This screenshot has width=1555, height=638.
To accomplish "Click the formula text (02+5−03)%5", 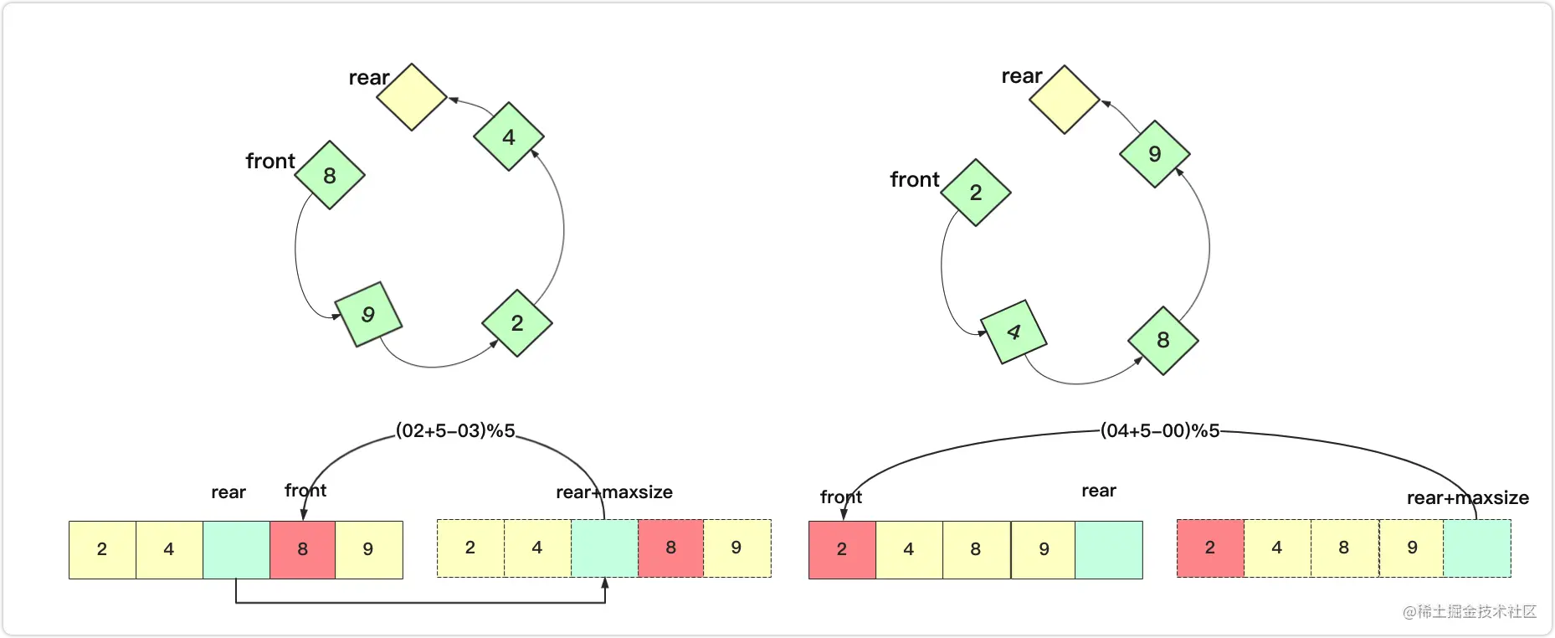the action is [x=455, y=431].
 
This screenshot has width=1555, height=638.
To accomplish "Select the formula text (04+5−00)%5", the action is [x=1160, y=431].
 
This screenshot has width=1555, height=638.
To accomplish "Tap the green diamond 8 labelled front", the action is [x=330, y=175].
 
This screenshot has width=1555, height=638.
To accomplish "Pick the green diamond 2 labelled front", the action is [x=976, y=193].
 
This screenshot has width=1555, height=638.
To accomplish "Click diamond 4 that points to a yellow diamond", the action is [x=509, y=136].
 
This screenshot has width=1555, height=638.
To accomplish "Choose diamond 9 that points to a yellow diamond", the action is [x=1155, y=154].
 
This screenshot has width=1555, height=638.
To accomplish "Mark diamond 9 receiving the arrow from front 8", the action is [x=368, y=314].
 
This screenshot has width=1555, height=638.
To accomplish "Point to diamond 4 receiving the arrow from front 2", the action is [x=1014, y=332].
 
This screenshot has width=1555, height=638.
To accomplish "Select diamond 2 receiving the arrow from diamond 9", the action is [x=517, y=323].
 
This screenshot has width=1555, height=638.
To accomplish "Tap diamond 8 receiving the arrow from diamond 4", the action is [x=1163, y=340].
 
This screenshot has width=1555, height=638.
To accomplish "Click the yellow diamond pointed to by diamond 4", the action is [x=412, y=97].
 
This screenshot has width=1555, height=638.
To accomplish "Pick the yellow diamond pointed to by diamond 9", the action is [x=1065, y=100].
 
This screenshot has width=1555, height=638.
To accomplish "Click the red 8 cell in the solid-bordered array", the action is [x=303, y=549].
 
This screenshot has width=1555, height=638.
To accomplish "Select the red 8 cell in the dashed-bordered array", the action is [x=671, y=548].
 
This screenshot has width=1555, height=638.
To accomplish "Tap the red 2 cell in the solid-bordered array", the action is [x=842, y=549].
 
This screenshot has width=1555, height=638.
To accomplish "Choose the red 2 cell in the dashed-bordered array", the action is [x=1210, y=548].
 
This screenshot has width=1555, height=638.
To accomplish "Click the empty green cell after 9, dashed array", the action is [x=1477, y=548].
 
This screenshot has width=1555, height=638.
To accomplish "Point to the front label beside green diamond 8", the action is [x=270, y=161].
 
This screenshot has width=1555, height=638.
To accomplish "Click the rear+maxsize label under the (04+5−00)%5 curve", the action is [x=1468, y=498].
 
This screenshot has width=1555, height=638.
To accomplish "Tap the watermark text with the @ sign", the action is [x=1470, y=612].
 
